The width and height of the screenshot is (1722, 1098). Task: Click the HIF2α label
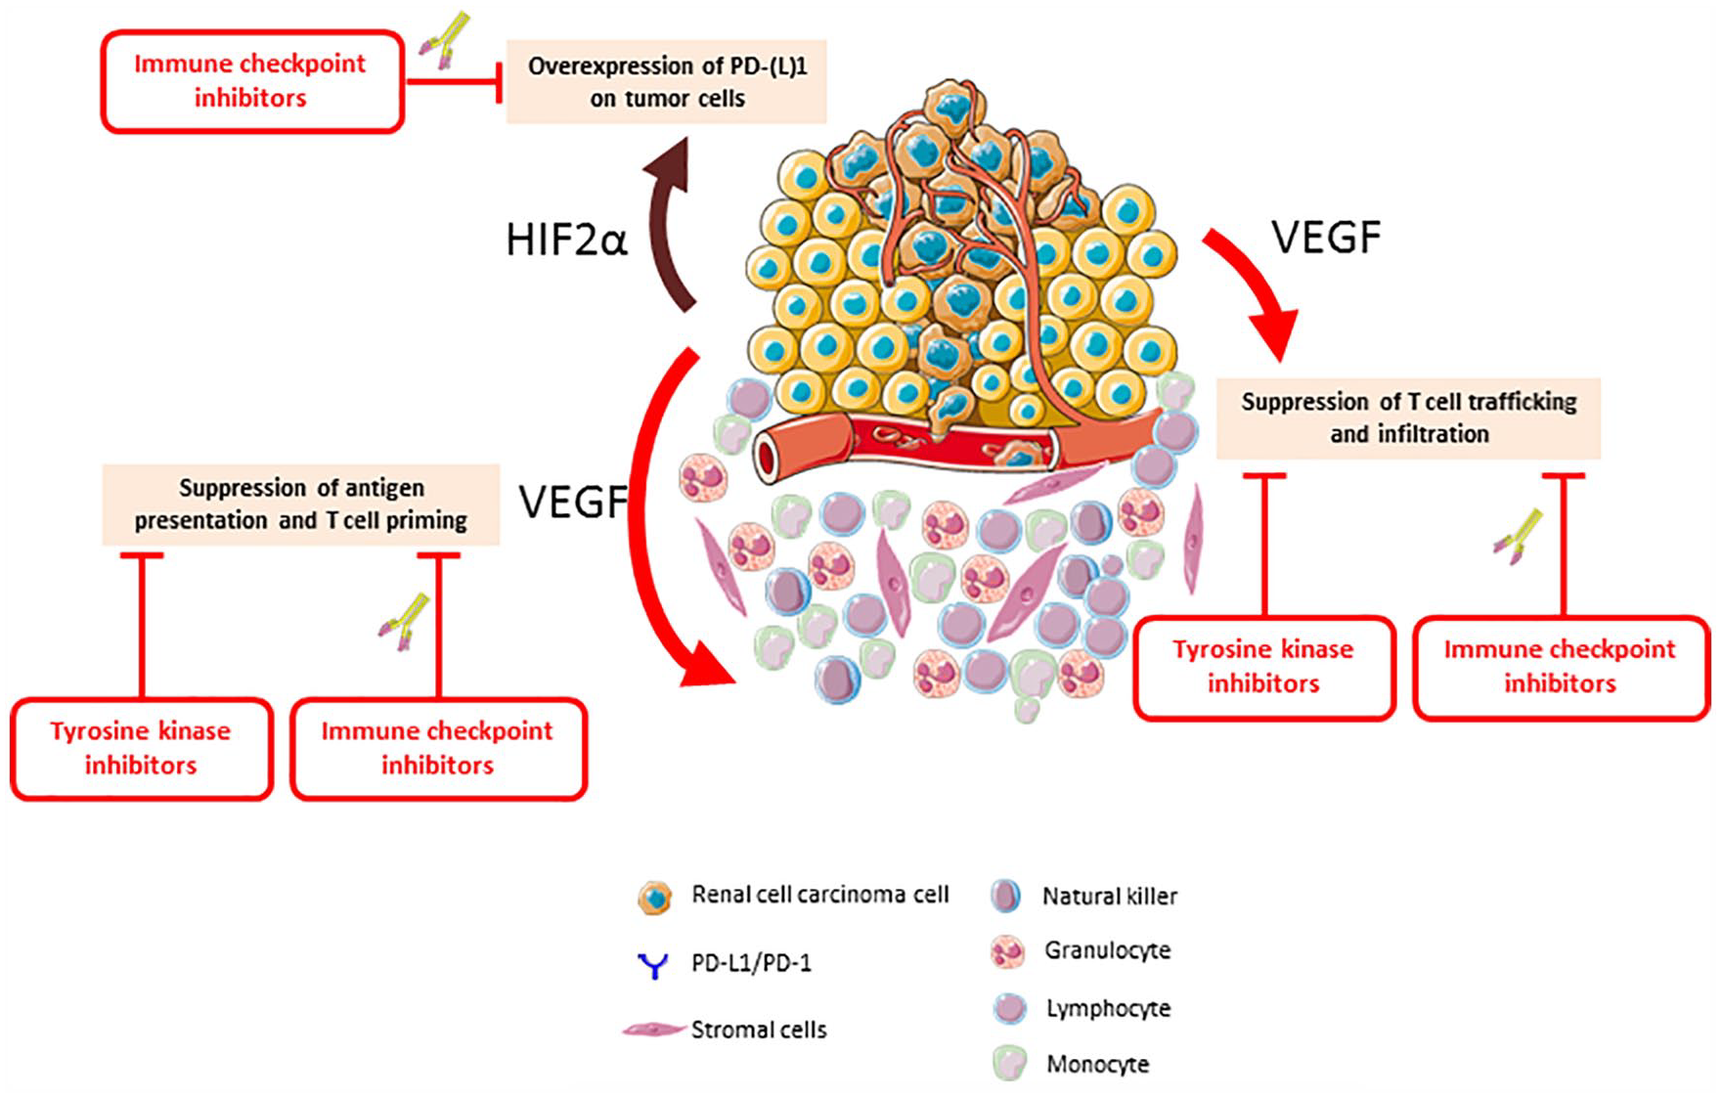[566, 240]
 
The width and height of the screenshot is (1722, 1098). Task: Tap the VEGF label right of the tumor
[1326, 238]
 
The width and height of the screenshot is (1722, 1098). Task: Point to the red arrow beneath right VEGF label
[1255, 288]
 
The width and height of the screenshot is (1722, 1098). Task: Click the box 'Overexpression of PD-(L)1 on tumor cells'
[667, 82]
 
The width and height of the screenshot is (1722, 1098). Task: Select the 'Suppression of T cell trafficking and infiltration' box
[1408, 418]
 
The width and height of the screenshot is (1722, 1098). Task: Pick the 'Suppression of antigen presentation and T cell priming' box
[301, 505]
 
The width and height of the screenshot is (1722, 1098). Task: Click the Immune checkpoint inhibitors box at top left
[251, 81]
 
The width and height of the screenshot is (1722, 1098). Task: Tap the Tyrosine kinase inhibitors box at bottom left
[141, 748]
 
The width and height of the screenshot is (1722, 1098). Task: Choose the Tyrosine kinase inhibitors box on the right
[1263, 667]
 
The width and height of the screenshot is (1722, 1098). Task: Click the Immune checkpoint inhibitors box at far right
[1561, 667]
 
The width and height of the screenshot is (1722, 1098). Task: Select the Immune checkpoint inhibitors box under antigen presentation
[438, 748]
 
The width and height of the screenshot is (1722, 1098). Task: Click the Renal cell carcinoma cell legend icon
[654, 898]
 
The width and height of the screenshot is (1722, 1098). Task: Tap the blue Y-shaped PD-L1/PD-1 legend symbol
[652, 966]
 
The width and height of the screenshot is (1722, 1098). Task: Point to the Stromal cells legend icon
[653, 1030]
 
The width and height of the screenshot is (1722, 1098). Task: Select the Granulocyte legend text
[1107, 950]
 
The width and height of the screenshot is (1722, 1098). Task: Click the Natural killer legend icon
[1005, 896]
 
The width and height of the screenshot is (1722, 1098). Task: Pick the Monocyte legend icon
[1009, 1064]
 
